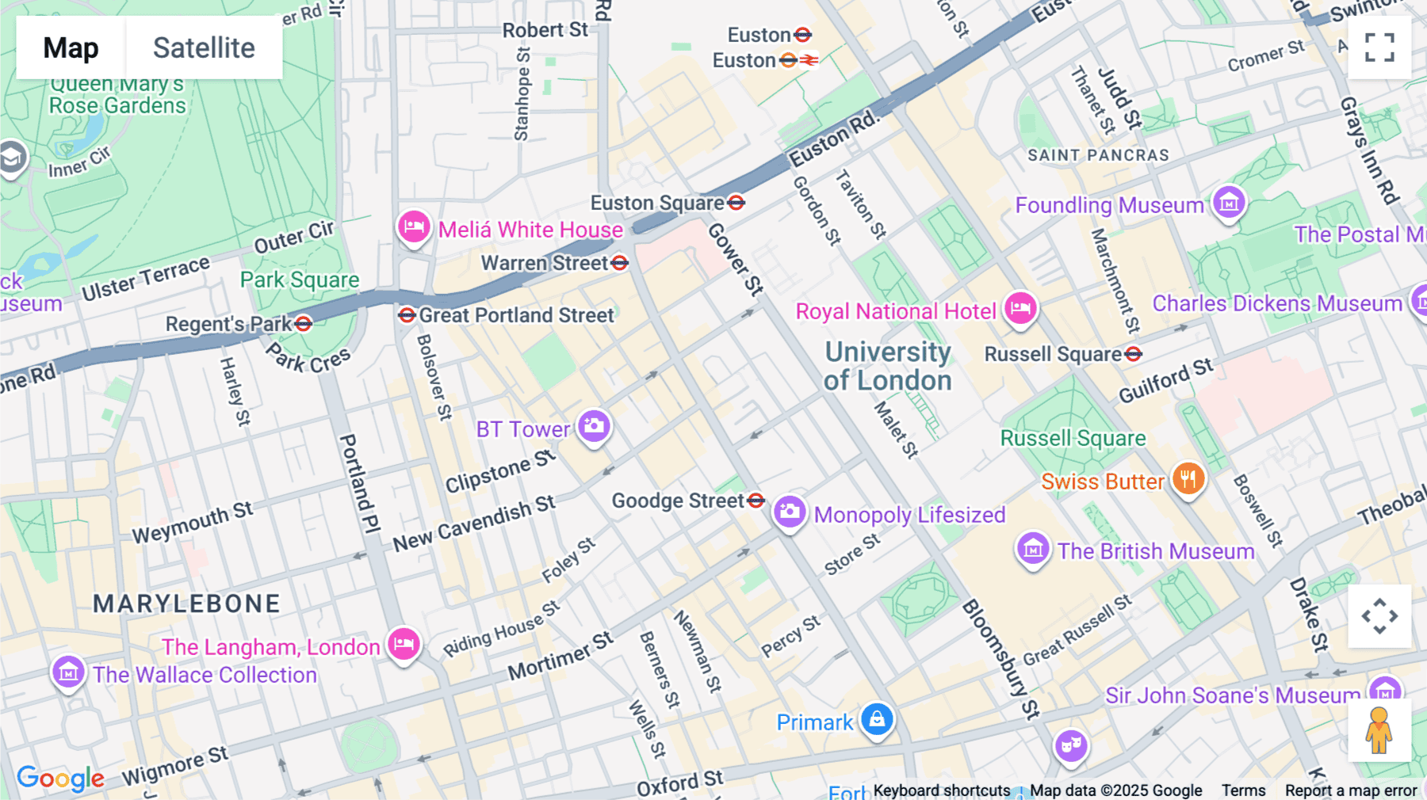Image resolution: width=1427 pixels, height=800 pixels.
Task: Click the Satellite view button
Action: (x=204, y=48)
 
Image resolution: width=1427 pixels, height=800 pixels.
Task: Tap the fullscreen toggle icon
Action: (x=1379, y=48)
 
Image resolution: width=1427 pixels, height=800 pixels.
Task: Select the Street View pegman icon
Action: (x=1379, y=730)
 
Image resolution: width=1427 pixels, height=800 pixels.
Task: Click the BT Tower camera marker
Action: (x=594, y=426)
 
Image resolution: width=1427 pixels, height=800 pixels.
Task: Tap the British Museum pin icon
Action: (x=1032, y=547)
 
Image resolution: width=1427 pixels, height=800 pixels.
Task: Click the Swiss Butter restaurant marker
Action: (x=1188, y=478)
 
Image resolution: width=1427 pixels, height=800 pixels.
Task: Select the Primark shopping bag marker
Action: (x=877, y=719)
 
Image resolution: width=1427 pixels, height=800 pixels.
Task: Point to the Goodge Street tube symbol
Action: (x=756, y=500)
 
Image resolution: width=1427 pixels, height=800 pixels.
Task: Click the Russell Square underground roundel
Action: (x=1134, y=354)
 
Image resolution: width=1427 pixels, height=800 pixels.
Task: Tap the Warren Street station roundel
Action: (x=620, y=263)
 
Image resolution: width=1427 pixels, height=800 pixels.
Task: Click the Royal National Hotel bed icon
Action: (x=1020, y=307)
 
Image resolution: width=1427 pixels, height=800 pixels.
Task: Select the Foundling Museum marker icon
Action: (x=1229, y=202)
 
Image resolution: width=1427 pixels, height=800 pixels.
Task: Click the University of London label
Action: (x=887, y=366)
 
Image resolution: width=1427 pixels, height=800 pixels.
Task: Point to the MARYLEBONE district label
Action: (x=187, y=604)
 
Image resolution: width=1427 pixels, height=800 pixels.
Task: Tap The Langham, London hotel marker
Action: (x=403, y=643)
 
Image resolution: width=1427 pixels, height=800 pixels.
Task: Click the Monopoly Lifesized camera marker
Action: (x=789, y=512)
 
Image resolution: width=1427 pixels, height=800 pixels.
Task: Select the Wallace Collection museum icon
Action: (x=68, y=672)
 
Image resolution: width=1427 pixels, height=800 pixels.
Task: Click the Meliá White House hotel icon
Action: (x=414, y=227)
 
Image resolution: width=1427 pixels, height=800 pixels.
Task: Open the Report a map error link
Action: (x=1350, y=790)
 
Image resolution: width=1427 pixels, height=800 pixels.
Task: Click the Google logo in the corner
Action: (x=60, y=778)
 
